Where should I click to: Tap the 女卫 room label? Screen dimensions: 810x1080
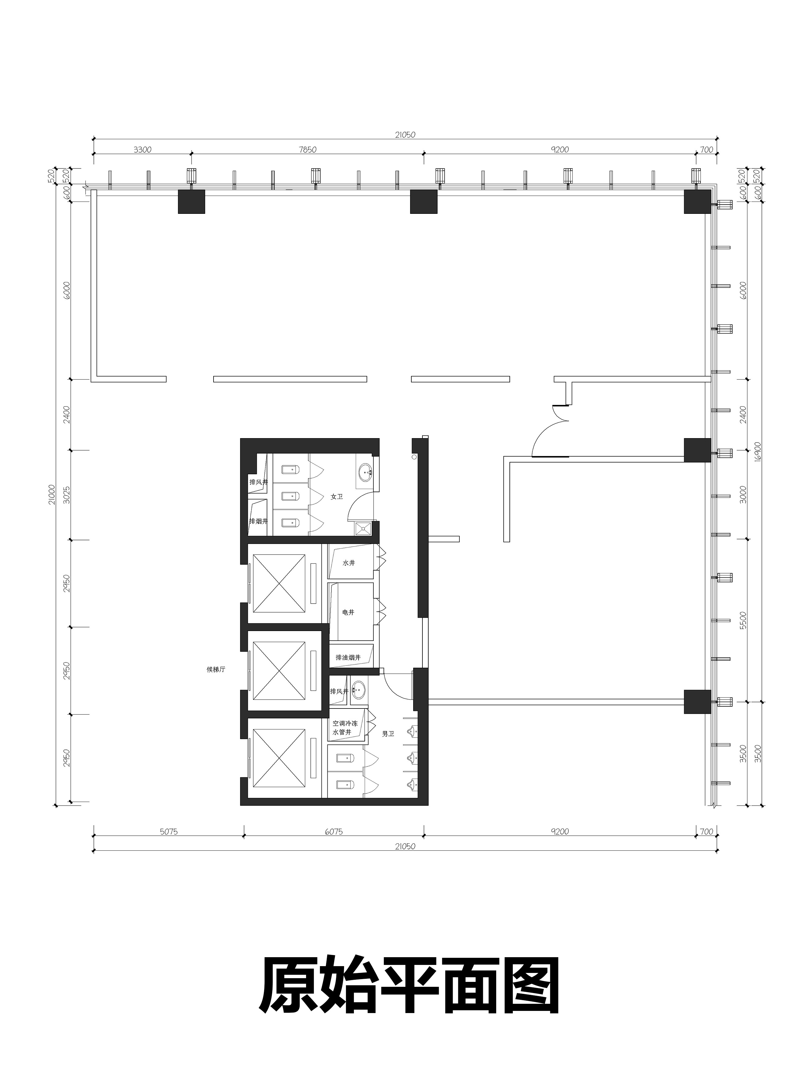336,496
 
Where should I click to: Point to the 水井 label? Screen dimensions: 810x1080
349,563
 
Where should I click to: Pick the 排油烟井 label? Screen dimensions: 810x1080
348,658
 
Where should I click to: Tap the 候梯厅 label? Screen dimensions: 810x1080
216,670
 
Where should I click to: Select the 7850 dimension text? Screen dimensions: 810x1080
308,150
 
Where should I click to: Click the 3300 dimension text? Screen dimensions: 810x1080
143,150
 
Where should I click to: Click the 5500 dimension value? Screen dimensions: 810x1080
743,621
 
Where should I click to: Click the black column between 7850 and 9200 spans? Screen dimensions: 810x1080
424,201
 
